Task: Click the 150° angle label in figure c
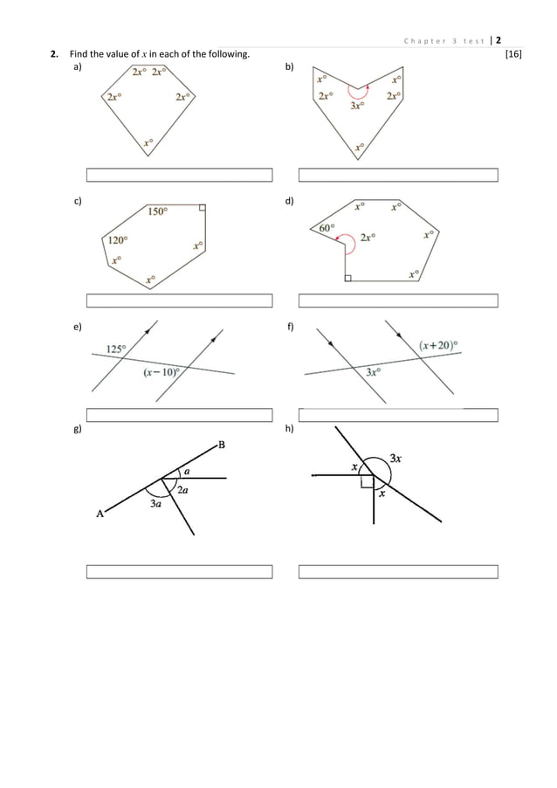tap(158, 211)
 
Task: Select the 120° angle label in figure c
tap(117, 239)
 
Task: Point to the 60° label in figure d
tap(327, 228)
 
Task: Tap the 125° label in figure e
tap(115, 349)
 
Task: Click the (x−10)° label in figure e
tap(161, 372)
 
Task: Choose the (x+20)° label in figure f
tap(438, 345)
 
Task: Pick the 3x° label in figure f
tap(374, 372)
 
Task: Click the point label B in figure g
tap(221, 445)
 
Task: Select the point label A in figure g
tap(100, 514)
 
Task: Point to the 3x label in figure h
tap(395, 457)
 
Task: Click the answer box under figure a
tap(179, 175)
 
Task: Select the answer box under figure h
tap(398, 572)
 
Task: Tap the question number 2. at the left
tap(54, 55)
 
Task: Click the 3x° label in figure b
tap(356, 107)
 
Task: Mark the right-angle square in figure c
tap(202, 209)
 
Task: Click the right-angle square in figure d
tap(347, 278)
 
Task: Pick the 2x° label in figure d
tap(368, 236)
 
